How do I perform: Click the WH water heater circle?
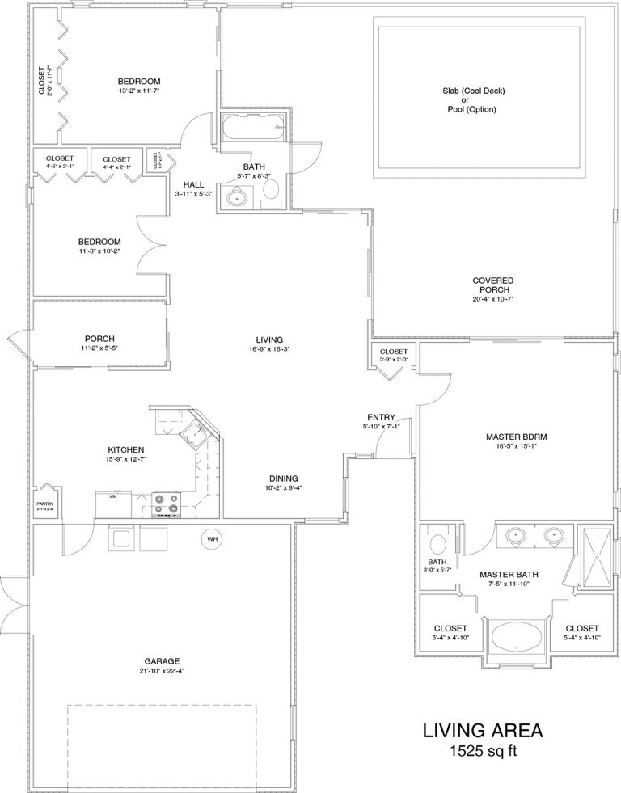[212, 539]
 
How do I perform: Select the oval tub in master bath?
[514, 635]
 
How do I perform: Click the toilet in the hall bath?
[272, 190]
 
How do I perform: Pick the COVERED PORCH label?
[493, 285]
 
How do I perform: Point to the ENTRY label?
[381, 416]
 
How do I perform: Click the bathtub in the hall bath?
[251, 126]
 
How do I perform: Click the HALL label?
[193, 183]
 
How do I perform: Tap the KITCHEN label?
[126, 449]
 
